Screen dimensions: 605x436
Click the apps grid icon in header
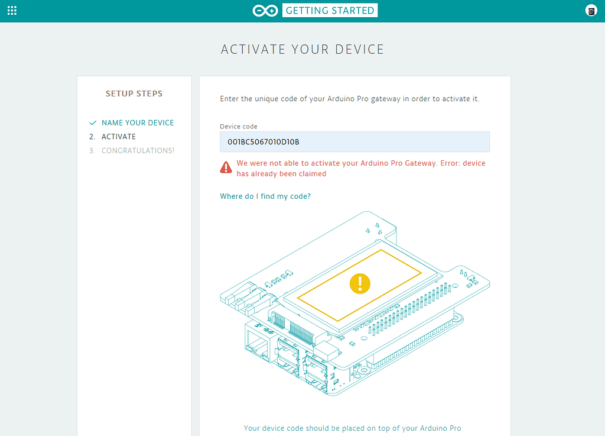(x=12, y=11)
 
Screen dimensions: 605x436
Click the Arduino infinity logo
(x=265, y=11)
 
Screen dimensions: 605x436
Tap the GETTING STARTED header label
(x=330, y=11)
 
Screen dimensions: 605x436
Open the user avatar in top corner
(x=591, y=11)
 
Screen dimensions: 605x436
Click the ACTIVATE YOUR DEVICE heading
(x=302, y=50)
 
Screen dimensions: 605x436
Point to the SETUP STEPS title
(x=134, y=93)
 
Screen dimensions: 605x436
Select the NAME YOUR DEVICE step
(x=138, y=123)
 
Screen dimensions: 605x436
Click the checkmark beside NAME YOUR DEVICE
(x=93, y=123)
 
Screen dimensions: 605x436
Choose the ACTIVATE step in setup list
(x=118, y=137)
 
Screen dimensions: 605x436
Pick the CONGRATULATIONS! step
(x=138, y=151)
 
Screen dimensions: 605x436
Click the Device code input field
(x=354, y=142)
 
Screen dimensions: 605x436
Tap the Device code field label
(x=239, y=126)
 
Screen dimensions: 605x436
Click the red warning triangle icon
(x=226, y=167)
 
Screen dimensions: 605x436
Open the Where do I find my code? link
(x=265, y=196)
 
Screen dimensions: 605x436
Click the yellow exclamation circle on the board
(x=360, y=284)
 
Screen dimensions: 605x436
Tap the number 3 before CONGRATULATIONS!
(x=92, y=151)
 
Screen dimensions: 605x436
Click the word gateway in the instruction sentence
(x=386, y=99)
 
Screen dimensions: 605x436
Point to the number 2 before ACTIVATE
(x=92, y=137)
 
